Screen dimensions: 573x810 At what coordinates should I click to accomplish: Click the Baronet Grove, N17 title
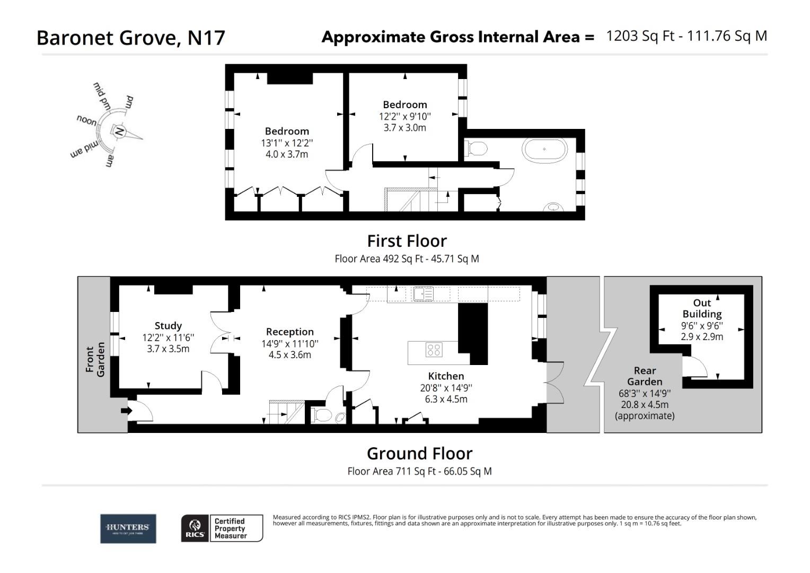(x=131, y=38)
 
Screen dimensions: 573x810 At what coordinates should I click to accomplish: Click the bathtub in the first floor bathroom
(x=544, y=149)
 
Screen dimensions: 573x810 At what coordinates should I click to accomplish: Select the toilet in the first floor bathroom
(x=476, y=149)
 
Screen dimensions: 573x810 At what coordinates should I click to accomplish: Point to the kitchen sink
(x=423, y=293)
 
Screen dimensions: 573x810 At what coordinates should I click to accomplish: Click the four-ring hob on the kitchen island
(x=434, y=350)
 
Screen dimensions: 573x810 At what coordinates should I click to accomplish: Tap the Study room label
(x=168, y=326)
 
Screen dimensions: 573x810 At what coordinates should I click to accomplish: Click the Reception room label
(x=289, y=332)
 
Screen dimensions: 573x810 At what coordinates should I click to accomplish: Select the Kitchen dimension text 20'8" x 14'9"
(x=446, y=388)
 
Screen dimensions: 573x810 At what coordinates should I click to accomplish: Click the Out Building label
(x=702, y=308)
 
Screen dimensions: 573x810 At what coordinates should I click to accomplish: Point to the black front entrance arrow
(x=126, y=411)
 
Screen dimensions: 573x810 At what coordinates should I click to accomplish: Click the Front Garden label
(x=95, y=359)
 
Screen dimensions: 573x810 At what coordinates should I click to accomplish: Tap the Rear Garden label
(x=645, y=376)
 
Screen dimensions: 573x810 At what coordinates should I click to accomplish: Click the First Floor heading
(x=407, y=241)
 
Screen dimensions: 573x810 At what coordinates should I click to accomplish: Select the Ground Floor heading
(x=419, y=454)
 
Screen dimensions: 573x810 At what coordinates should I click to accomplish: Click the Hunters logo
(x=128, y=528)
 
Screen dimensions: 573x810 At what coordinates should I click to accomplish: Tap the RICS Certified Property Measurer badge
(x=222, y=528)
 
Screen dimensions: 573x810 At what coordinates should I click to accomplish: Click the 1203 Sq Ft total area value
(x=640, y=36)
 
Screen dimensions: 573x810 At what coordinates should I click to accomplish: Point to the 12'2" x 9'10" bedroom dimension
(x=404, y=116)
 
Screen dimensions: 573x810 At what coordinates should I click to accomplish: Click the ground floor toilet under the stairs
(x=321, y=415)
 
